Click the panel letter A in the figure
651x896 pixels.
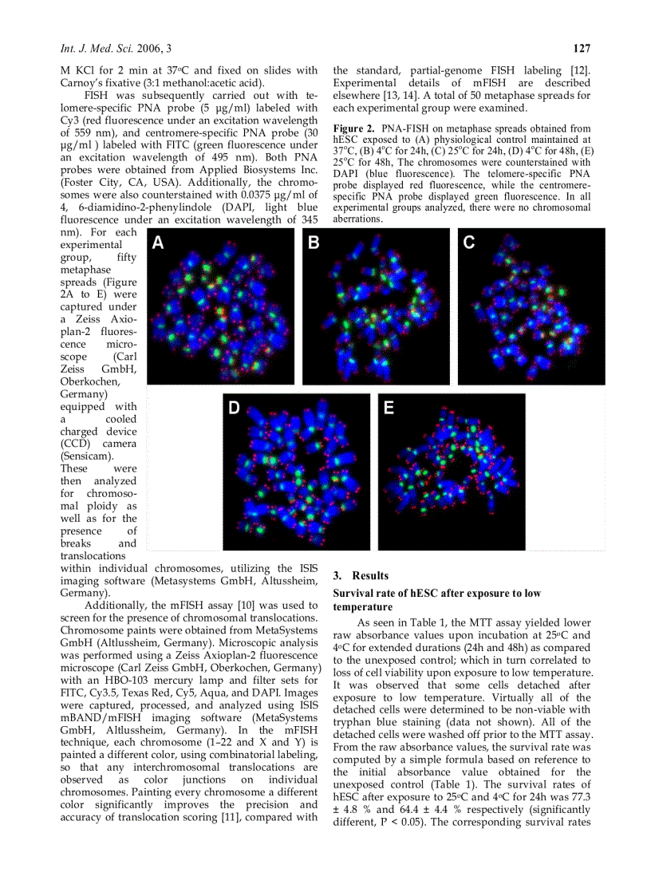point(158,243)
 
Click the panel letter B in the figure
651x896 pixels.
point(314,243)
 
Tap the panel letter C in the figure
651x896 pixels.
point(469,243)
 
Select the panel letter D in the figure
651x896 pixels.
point(234,408)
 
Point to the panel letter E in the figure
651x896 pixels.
point(389,408)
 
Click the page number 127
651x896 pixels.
point(582,49)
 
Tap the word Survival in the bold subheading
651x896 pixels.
point(353,594)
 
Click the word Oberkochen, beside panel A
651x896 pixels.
point(93,381)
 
